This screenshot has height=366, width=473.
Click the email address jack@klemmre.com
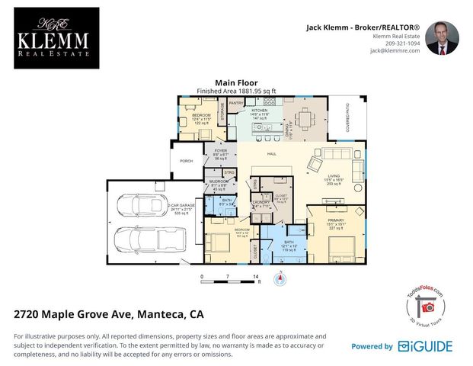(398, 51)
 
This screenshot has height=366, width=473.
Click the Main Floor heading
(236, 82)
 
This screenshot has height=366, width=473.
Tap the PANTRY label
(235, 102)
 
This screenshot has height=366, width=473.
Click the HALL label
(271, 155)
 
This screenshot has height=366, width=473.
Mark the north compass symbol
(281, 278)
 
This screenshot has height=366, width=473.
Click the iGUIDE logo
(426, 346)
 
